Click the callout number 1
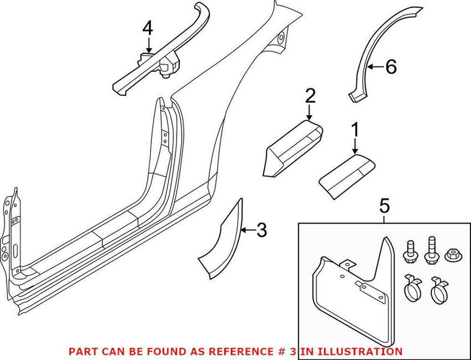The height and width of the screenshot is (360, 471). (355, 128)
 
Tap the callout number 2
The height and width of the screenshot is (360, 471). (310, 95)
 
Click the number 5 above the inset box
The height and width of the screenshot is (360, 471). (384, 206)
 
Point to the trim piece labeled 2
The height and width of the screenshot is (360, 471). (293, 147)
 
